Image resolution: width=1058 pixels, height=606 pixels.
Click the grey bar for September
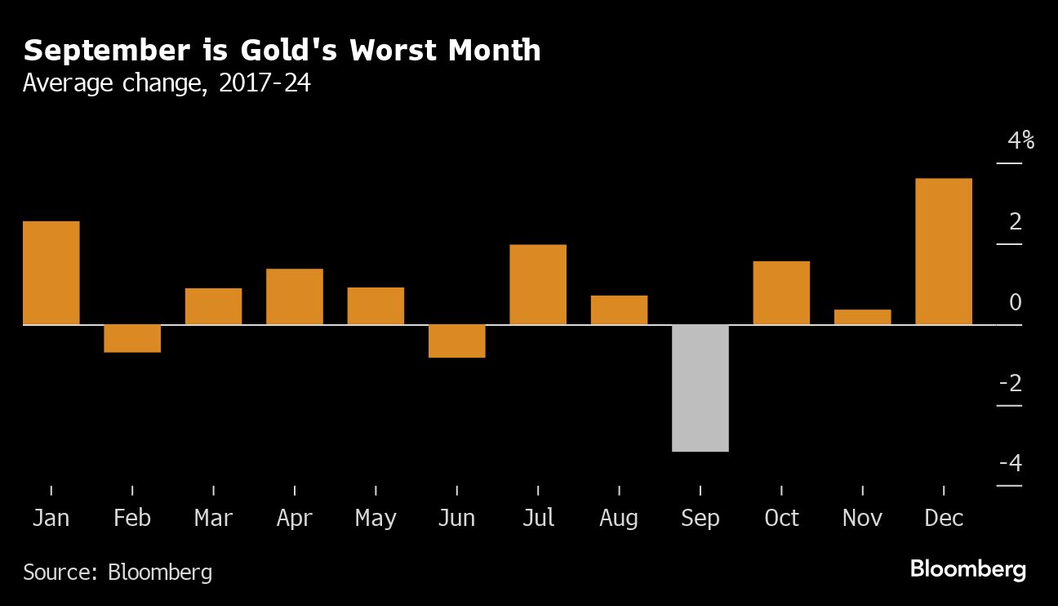[x=700, y=388]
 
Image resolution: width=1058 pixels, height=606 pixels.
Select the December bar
[x=944, y=252]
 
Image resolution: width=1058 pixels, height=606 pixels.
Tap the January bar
[x=51, y=273]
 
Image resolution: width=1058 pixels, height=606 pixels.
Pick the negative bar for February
[x=132, y=338]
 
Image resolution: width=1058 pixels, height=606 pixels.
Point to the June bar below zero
[x=457, y=341]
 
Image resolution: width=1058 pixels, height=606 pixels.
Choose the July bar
[x=538, y=284]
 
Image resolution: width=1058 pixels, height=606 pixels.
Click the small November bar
[x=863, y=317]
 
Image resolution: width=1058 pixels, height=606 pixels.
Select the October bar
[x=781, y=292]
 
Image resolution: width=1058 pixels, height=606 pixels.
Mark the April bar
[x=295, y=296]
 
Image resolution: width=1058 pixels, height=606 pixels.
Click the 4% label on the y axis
[x=1020, y=140]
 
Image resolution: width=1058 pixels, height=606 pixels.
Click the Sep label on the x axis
[x=700, y=518]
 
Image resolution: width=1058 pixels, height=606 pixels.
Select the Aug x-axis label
[x=619, y=518]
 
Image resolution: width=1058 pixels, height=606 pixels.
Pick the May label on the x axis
[x=376, y=518]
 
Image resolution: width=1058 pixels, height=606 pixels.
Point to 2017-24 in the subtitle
[x=264, y=82]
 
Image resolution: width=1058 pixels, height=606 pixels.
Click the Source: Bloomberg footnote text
[x=118, y=572]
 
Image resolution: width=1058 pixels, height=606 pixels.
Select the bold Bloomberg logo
[x=968, y=569]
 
